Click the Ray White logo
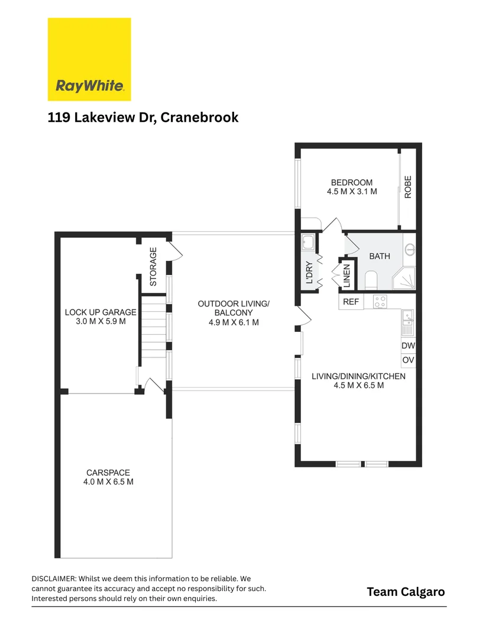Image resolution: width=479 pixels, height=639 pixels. tap(89, 59)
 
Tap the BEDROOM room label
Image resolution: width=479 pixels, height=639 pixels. tap(352, 182)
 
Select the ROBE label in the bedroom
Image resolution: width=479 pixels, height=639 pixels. tap(407, 187)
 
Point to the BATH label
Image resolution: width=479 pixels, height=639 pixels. tap(379, 256)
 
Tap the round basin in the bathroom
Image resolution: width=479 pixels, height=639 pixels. tap(410, 250)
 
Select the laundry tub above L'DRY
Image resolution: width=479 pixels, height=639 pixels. tap(308, 242)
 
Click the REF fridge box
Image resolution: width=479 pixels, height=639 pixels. tap(351, 302)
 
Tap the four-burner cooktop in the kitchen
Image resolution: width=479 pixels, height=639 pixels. tap(380, 302)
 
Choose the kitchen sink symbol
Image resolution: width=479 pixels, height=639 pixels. tap(407, 319)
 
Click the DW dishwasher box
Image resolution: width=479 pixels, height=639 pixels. tap(408, 346)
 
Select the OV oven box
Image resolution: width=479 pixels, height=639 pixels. tap(408, 360)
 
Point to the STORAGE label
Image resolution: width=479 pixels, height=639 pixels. tap(153, 266)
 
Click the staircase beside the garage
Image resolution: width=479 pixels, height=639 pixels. tap(153, 331)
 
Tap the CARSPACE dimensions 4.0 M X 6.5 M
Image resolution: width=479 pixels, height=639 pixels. tap(108, 482)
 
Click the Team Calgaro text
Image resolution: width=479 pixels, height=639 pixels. tap(406, 592)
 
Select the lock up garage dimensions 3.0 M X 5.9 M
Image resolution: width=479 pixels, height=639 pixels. tap(101, 322)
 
